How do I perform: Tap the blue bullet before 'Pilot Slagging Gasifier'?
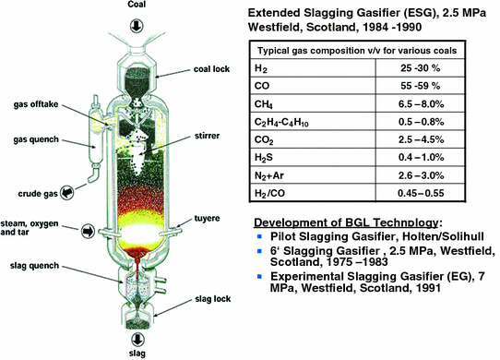[x=262, y=265]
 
